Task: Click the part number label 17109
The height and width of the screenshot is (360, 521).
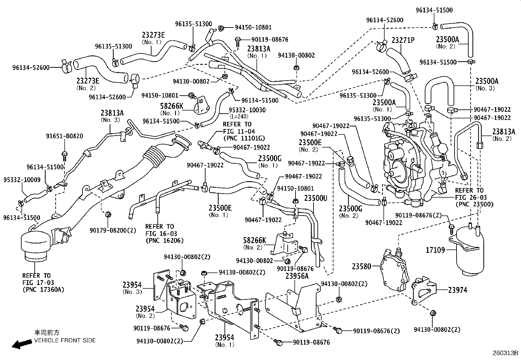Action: [x=435, y=250]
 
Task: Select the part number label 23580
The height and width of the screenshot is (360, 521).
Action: [x=362, y=266]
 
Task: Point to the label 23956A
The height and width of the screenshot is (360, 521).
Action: [x=297, y=276]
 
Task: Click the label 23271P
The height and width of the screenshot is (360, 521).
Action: [x=403, y=40]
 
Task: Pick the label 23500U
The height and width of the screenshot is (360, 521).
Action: [x=315, y=198]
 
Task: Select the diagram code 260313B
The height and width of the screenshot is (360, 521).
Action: [x=506, y=353]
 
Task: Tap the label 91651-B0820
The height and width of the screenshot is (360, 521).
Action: [x=64, y=136]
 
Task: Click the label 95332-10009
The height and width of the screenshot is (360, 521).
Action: [x=22, y=180]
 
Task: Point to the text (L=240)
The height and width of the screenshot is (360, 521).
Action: [x=239, y=116]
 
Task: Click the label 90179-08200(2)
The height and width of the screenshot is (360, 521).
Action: [x=113, y=230]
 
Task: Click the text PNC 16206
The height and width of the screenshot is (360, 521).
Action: [x=164, y=240]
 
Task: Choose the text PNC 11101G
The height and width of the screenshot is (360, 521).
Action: [x=244, y=138]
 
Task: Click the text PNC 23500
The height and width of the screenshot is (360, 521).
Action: [x=474, y=205]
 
